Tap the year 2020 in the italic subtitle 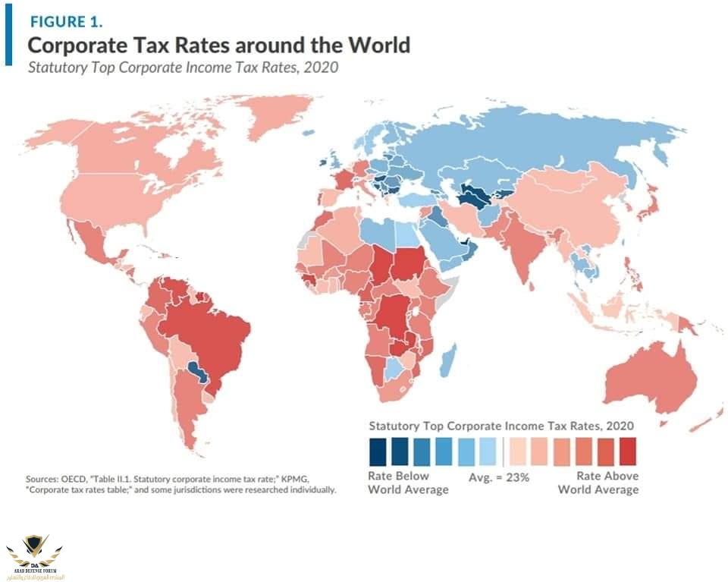point(322,68)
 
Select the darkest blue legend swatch point(377,451)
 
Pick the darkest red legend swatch point(627,451)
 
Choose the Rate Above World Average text point(598,483)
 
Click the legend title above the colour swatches point(501,426)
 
